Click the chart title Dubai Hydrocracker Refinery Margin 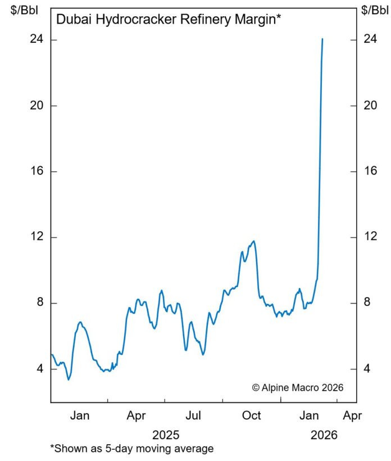168,20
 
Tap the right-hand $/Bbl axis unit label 374,10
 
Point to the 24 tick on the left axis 37,40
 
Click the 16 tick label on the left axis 37,171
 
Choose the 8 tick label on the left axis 39,303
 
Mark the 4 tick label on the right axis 367,369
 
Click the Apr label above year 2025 137,416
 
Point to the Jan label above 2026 309,416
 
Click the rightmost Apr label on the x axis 352,416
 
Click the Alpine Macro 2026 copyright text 297,387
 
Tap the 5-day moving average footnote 132,449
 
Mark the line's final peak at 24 322,39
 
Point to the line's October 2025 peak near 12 254,241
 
